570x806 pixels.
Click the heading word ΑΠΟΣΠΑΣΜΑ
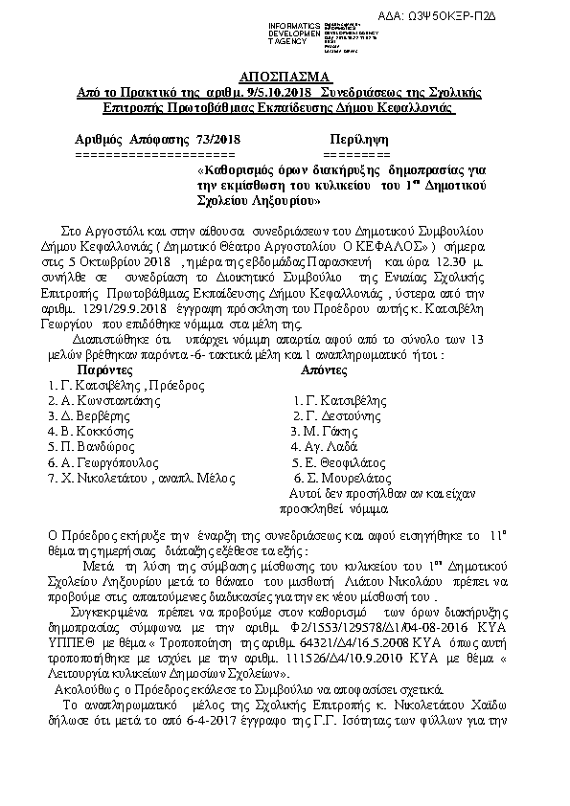click(284, 76)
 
